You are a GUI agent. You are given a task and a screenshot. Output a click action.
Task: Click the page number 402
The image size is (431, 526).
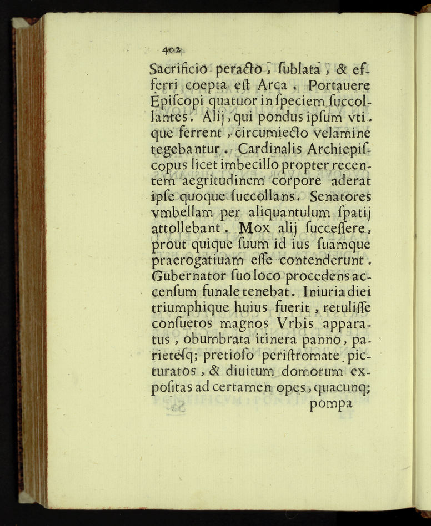pyautogui.click(x=174, y=50)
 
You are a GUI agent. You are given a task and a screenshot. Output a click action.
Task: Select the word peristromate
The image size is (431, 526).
pyautogui.click(x=305, y=355)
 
